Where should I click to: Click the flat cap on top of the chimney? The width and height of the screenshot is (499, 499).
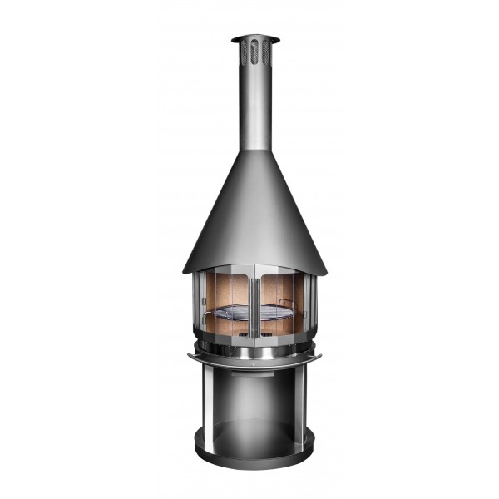[x=255, y=38]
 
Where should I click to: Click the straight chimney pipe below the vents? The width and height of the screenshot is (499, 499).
[x=255, y=108]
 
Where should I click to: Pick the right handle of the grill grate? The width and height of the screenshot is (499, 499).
[x=286, y=303]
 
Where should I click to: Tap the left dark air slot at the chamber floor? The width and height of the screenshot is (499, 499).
[x=241, y=334]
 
